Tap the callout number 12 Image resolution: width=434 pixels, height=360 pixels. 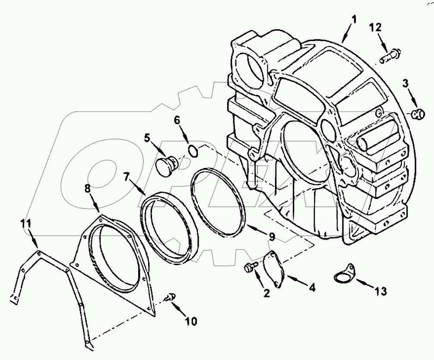(375, 28)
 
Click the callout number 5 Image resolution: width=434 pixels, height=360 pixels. (147, 138)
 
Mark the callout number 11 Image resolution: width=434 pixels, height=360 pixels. (26, 223)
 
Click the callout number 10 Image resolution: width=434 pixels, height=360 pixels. (191, 321)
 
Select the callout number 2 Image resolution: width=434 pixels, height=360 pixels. (266, 294)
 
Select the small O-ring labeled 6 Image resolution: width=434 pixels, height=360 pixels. (193, 150)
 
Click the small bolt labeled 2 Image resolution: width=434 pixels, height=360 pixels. (250, 268)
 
